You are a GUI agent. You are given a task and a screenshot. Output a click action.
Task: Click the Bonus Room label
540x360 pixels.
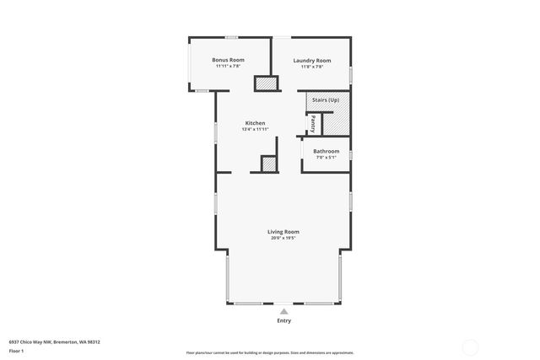point(228,60)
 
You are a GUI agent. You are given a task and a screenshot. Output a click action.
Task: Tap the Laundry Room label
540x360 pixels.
point(311,60)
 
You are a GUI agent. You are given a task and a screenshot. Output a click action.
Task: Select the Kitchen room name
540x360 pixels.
point(255,123)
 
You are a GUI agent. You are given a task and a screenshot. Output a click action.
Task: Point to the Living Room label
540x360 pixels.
point(283,232)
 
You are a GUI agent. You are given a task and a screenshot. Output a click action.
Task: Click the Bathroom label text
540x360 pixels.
point(326,152)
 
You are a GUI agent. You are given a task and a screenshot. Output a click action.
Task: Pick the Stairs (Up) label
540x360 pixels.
point(327,100)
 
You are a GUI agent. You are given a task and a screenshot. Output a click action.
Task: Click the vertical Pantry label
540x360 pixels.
point(313,125)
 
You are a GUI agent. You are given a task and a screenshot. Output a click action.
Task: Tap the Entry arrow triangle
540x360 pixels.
point(283,310)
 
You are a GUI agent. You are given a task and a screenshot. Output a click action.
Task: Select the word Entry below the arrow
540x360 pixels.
point(283,320)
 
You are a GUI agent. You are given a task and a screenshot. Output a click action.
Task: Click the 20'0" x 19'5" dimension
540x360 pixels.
point(283,238)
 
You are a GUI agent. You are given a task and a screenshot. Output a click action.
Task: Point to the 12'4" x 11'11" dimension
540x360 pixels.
point(255,129)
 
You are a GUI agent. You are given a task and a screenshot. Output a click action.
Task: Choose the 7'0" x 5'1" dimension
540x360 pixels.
point(326,158)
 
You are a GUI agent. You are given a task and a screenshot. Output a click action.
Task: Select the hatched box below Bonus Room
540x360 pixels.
point(266,83)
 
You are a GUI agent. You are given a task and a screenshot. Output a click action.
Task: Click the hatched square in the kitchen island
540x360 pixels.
point(269,164)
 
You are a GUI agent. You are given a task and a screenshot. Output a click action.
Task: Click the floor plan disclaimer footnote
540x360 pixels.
point(270,353)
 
